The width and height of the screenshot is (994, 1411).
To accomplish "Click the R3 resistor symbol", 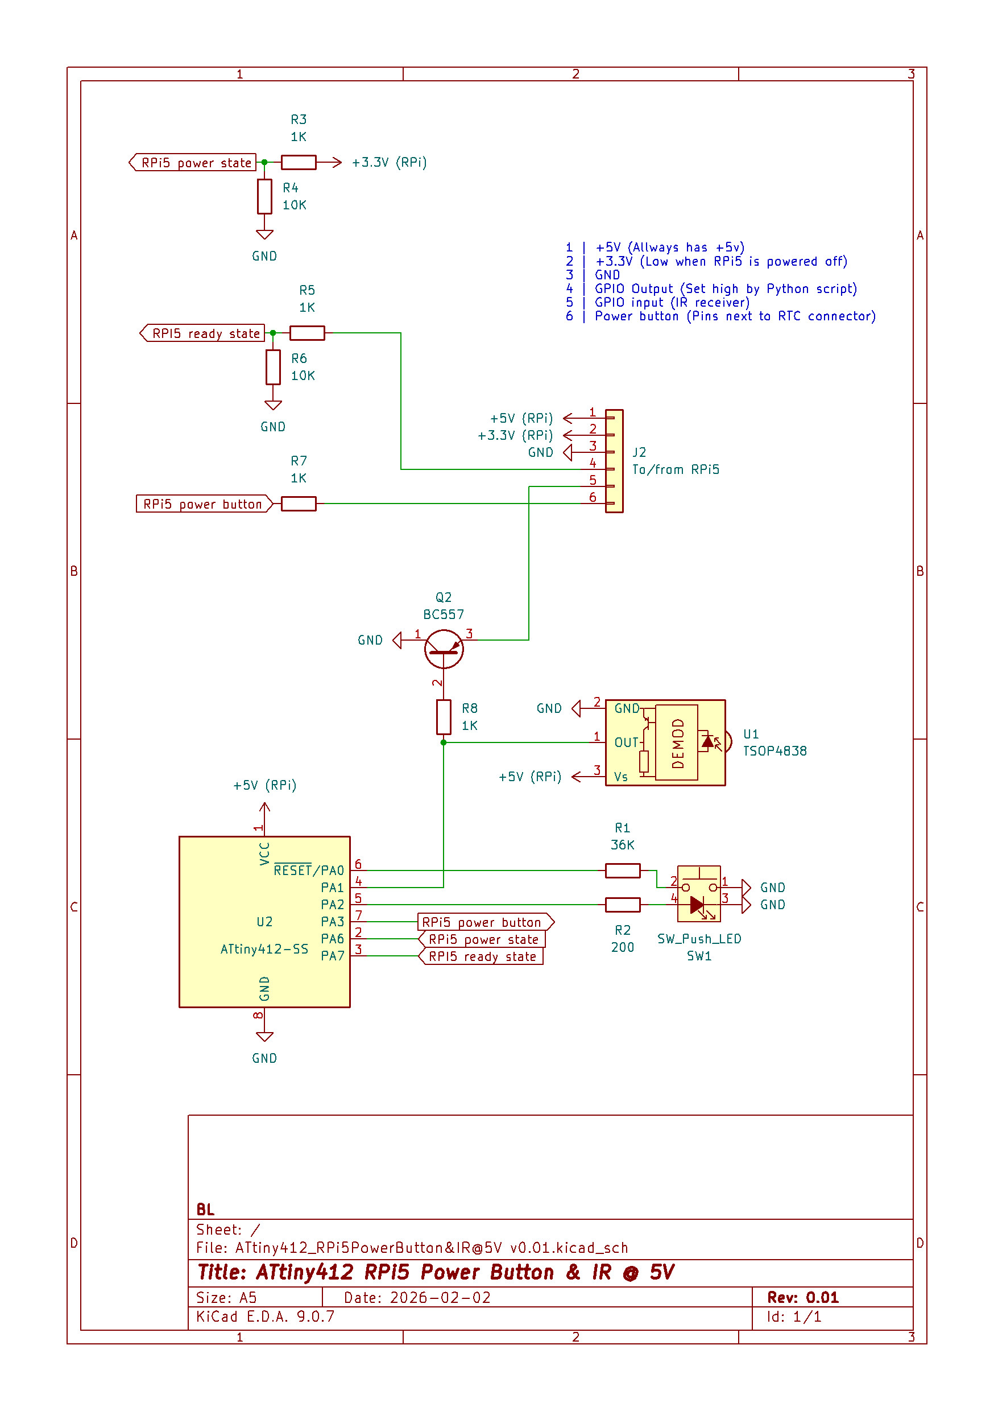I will coord(299,162).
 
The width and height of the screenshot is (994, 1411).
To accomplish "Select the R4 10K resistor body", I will coord(264,197).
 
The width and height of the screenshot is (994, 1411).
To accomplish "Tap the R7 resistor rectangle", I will coord(299,504).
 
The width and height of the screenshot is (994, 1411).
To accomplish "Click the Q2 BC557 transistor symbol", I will coord(444,649).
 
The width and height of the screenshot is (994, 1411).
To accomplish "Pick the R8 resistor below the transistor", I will coord(444,716).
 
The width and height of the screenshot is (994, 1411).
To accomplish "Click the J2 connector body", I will coord(614,461).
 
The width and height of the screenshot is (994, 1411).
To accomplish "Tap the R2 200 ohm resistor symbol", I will coord(622,905).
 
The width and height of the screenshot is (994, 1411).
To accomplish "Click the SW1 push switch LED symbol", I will coord(698,895).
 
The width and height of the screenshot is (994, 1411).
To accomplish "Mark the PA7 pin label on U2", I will coord(332,956).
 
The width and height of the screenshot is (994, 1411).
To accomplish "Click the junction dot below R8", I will coord(444,742).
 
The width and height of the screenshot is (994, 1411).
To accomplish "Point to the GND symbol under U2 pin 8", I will coord(264,1037).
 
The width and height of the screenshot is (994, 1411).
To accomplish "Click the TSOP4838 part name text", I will coord(775,751).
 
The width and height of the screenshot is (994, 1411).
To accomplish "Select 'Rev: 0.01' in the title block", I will coord(802,1297).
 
